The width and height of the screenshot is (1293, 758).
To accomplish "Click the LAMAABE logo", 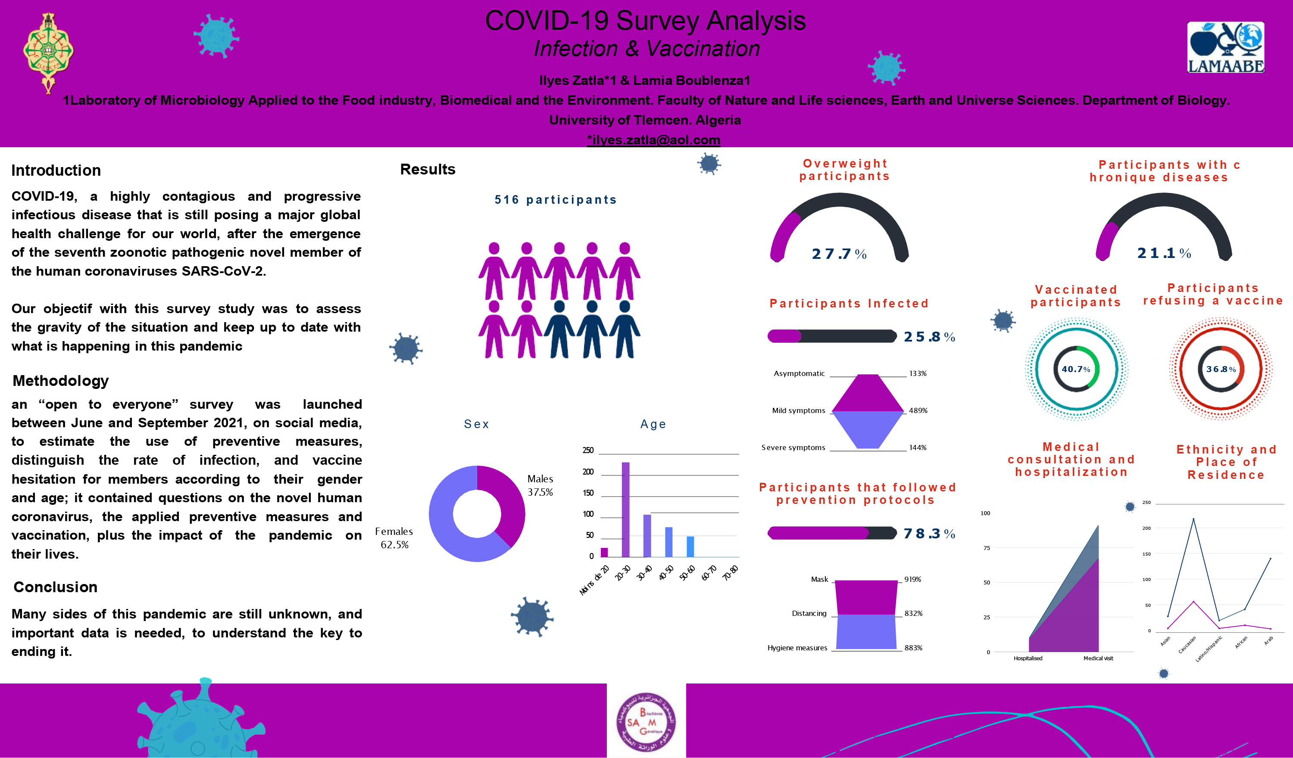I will [1225, 47].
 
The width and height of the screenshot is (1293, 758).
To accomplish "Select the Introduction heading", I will [56, 170].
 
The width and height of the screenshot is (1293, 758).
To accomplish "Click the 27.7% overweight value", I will [838, 254].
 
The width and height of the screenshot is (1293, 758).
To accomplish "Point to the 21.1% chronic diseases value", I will [1164, 253].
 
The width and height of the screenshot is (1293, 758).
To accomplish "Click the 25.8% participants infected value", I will [929, 336].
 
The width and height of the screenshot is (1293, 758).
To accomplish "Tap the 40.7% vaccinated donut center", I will [1075, 369].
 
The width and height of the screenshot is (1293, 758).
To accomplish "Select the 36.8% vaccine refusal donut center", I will [1220, 369].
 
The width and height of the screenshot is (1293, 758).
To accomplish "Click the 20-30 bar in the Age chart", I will [625, 509].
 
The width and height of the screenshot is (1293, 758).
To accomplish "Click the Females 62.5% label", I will [394, 537].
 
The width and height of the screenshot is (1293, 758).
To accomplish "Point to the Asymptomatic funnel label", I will [799, 373].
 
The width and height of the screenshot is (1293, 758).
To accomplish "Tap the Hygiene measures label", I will [797, 648].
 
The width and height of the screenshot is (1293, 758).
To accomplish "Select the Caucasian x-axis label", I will [1187, 645].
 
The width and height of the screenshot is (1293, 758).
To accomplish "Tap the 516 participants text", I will [555, 199].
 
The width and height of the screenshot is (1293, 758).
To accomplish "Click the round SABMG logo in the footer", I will [646, 721].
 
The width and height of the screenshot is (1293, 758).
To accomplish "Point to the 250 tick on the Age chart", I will [588, 450].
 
